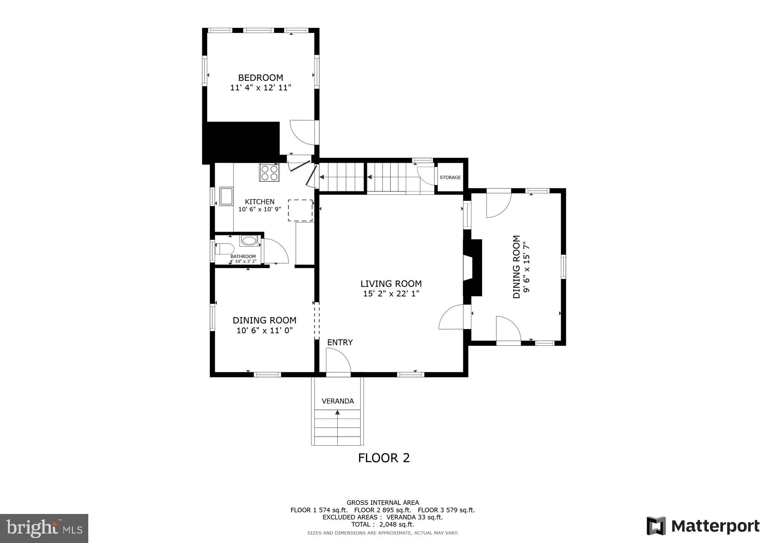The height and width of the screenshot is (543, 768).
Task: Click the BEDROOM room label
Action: click(261, 78)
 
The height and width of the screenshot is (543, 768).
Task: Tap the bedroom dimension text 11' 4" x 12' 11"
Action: click(261, 88)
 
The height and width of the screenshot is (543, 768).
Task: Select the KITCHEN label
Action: click(260, 202)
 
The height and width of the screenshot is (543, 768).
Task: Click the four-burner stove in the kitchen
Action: click(269, 172)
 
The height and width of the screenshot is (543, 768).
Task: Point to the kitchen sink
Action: click(226, 196)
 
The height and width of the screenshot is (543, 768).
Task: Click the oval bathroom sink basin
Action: click(249, 240)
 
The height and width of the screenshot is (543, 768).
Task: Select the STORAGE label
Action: click(450, 177)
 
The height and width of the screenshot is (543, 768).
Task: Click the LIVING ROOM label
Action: click(391, 284)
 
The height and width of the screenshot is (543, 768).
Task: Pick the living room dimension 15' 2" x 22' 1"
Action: click(391, 294)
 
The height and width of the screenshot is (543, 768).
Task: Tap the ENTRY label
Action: click(340, 342)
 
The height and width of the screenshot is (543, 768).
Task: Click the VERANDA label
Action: click(338, 401)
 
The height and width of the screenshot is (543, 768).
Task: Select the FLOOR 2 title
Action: click(384, 458)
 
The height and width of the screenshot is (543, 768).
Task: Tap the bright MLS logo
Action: click(45, 528)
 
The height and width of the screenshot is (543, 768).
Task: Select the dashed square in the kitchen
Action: click(300, 210)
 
